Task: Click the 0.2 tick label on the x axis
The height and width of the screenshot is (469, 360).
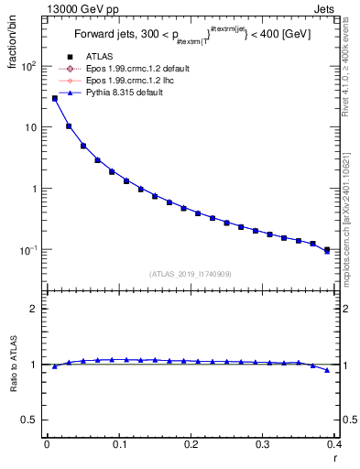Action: [x=191, y=445]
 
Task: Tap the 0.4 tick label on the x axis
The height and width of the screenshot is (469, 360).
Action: [x=333, y=445]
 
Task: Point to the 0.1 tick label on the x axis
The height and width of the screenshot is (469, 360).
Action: [x=119, y=445]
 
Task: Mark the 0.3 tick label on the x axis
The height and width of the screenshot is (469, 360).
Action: [x=262, y=445]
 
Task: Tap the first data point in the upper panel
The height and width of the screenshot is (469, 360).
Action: [x=54, y=98]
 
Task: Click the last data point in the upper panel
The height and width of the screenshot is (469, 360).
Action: [x=327, y=249]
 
